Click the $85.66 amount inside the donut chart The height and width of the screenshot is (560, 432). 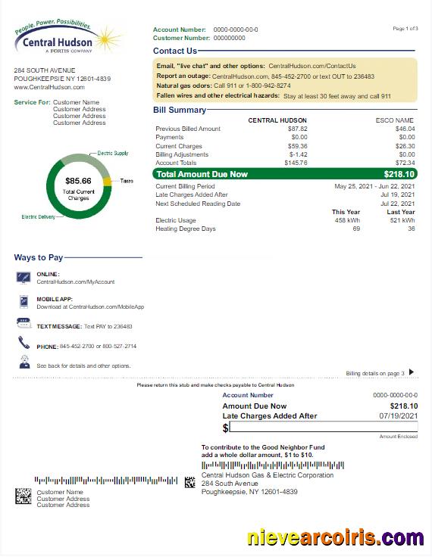tap(78, 181)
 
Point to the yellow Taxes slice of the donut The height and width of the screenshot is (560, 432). tap(108, 181)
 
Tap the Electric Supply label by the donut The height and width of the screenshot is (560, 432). tap(113, 153)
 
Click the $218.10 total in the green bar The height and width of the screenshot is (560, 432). tap(399, 174)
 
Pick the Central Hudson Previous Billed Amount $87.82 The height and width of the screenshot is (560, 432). tap(296, 129)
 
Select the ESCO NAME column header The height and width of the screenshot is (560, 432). tap(395, 120)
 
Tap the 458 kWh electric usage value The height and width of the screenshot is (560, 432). tap(347, 220)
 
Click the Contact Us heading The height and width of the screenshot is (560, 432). tap(175, 51)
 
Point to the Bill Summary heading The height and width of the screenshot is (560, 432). tap(180, 110)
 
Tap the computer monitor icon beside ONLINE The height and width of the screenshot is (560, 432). tap(23, 277)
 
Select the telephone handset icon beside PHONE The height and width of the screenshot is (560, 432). tap(23, 344)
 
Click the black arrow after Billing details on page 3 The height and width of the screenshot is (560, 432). tap(412, 372)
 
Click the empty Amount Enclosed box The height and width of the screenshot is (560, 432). tap(324, 428)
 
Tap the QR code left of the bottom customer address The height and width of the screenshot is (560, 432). tap(23, 496)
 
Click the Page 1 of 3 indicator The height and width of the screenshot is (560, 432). tap(405, 29)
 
